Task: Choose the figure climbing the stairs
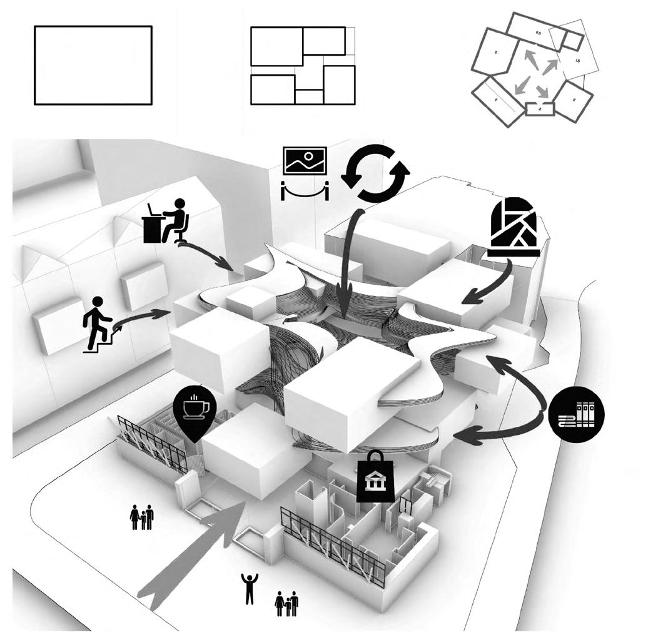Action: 98,324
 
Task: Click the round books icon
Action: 577,414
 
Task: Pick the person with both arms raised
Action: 250,588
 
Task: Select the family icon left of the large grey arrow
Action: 142,517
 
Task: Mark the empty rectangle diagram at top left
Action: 93,65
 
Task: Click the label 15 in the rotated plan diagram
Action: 577,60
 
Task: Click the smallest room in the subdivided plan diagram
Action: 309,96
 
